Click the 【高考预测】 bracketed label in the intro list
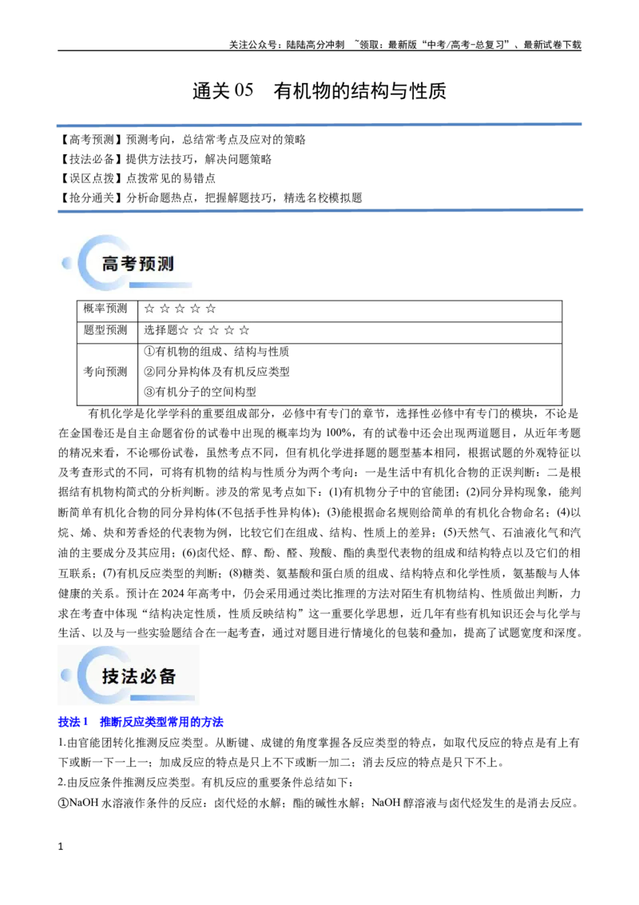click(90, 140)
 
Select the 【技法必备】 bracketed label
click(90, 159)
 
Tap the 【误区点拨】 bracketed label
click(90, 178)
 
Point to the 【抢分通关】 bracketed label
click(90, 198)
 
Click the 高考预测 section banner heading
click(138, 264)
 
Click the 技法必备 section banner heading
click(138, 676)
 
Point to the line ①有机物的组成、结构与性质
click(216, 352)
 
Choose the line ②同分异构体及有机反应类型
click(216, 372)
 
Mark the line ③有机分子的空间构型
click(200, 392)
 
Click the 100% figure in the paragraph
click(339, 433)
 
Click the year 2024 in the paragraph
click(173, 593)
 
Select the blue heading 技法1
click(73, 722)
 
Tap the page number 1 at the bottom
click(61, 847)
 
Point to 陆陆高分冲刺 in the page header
click(316, 45)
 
